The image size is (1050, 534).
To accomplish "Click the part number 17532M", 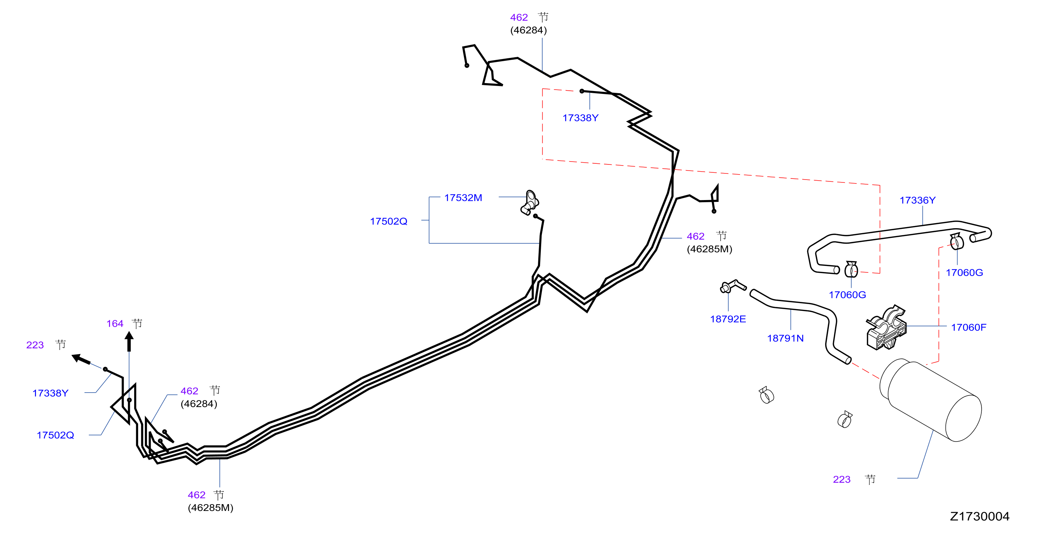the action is pos(463,198).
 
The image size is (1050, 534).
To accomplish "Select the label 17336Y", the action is pos(918,200).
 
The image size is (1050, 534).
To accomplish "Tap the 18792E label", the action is pos(728,319).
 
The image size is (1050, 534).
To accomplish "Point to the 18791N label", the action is pos(785,338).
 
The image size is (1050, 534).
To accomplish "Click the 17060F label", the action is pos(968,327).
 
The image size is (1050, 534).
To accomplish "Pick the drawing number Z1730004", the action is pos(980,516).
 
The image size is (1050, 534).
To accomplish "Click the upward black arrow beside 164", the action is pos(129,341).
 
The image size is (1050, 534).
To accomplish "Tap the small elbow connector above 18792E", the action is pos(732,286).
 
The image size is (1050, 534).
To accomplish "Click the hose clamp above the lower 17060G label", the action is pos(851,269).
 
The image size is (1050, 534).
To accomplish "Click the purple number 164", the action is pos(115,324).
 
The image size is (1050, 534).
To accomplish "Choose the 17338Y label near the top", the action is pos(580,118).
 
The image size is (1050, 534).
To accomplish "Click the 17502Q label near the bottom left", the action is pos(55,435).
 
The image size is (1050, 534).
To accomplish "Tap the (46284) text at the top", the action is pos(529,30).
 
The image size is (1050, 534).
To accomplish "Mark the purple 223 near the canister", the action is pos(842,479).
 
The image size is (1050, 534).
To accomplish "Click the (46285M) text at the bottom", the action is pos(211,508).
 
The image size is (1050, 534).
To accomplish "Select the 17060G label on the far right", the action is pos(964,272).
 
